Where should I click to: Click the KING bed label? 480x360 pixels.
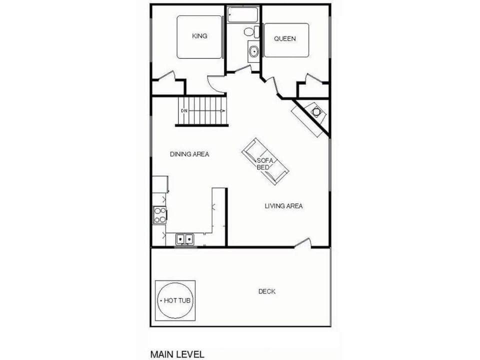(199, 36)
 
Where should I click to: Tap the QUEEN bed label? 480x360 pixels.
(285, 38)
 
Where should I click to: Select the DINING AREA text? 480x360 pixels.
(189, 154)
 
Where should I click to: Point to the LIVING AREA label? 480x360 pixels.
(283, 206)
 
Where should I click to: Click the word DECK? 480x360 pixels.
(267, 291)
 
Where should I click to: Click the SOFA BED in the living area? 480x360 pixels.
(265, 161)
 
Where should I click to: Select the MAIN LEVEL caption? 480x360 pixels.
(177, 354)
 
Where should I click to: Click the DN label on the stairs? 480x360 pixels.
(184, 110)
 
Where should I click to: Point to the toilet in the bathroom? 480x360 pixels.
(250, 32)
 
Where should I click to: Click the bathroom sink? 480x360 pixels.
(253, 51)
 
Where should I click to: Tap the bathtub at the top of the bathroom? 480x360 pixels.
(242, 15)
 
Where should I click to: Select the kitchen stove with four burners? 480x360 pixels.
(160, 215)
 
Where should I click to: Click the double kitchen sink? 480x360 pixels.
(184, 240)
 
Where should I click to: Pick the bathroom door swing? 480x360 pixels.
(244, 69)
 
